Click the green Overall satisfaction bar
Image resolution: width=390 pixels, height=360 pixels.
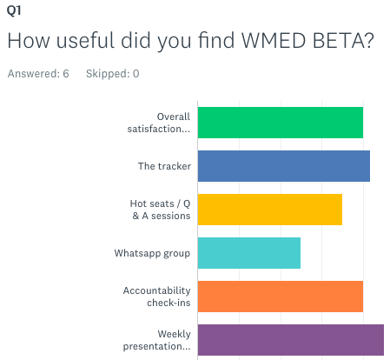tap(281, 123)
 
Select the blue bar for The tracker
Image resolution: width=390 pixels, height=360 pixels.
tap(284, 166)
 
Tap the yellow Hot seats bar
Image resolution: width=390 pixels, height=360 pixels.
tap(270, 210)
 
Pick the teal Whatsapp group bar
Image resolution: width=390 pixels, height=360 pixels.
tap(249, 253)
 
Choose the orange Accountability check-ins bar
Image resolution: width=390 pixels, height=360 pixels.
tap(281, 297)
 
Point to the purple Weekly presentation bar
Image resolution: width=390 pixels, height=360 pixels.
tap(291, 340)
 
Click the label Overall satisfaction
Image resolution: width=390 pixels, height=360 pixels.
tap(159, 123)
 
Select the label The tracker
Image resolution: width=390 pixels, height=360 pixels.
tap(164, 166)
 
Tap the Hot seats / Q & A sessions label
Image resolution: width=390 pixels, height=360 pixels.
tap(160, 210)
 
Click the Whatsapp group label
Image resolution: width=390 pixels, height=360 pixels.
tap(152, 253)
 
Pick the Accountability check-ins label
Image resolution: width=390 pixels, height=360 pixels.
tap(157, 297)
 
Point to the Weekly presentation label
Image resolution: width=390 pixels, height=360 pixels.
tap(157, 340)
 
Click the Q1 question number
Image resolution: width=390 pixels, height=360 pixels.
tap(14, 10)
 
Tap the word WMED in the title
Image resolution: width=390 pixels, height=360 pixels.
tap(274, 40)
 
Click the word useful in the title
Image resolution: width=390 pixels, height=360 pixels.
tap(86, 40)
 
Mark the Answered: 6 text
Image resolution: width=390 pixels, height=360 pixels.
tap(38, 74)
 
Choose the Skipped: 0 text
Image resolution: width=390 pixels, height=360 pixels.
tap(113, 74)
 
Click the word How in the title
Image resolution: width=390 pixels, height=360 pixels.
tap(29, 40)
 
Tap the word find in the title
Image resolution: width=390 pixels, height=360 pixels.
tap(216, 39)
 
